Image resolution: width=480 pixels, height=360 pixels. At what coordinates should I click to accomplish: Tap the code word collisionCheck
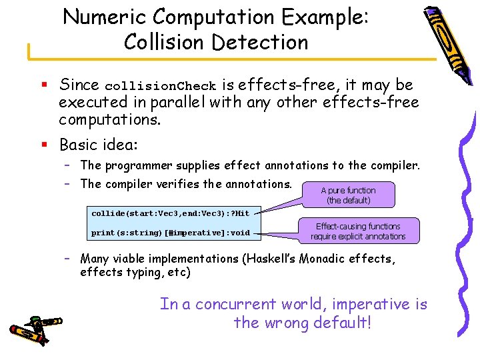click(161, 86)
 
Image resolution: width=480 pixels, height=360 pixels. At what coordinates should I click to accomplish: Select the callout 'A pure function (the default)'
click(348, 195)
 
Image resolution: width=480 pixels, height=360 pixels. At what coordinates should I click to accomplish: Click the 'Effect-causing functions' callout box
click(358, 231)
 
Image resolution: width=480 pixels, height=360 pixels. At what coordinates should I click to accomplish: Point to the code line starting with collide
click(171, 213)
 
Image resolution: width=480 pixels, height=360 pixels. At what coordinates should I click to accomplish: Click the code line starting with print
click(171, 233)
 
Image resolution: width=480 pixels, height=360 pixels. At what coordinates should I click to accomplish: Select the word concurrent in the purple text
click(235, 304)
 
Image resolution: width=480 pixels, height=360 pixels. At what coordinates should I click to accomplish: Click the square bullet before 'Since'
click(41, 85)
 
